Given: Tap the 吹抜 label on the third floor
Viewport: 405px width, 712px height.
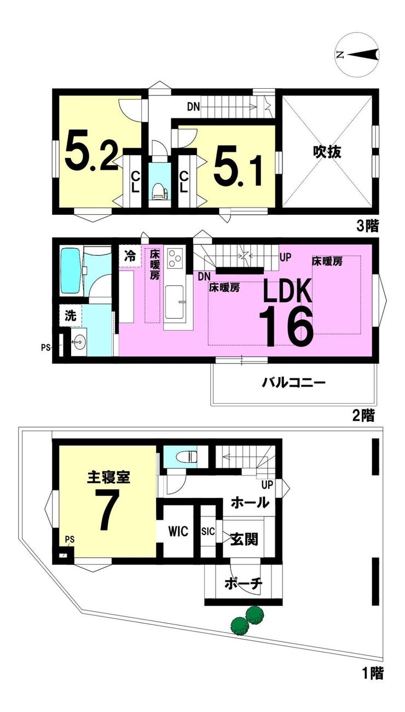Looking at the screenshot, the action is [327, 152].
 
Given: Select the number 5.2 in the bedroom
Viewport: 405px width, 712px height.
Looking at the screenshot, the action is [92, 153].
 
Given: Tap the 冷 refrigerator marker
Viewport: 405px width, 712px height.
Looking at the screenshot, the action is [130, 255].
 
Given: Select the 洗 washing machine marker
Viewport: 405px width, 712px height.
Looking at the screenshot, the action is [71, 315].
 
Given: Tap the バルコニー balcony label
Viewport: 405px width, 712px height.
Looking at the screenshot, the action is [293, 382].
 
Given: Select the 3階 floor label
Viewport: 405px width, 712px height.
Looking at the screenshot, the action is [368, 226].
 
